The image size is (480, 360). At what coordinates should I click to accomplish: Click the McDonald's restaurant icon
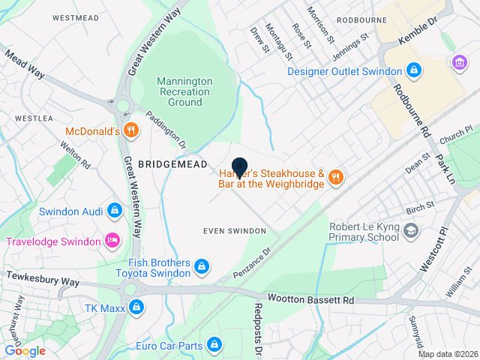point(131,130)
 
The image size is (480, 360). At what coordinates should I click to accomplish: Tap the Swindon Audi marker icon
point(114,211)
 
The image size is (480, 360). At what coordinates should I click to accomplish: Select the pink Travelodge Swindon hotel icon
point(112,241)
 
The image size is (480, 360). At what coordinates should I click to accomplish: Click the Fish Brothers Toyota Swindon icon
point(202,266)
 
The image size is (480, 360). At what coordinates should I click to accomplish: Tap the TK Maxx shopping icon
point(136,307)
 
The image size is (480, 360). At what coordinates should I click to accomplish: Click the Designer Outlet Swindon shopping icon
point(413,71)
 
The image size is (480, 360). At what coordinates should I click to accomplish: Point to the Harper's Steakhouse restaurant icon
point(335,177)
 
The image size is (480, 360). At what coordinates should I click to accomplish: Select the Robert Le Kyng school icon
point(410,231)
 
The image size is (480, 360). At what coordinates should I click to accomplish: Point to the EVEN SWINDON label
point(235,230)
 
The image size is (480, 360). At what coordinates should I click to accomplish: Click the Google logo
point(25,350)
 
